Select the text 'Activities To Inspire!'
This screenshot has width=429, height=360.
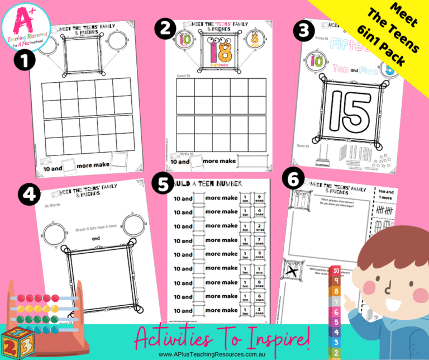click(x=215, y=337)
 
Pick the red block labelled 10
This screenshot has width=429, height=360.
click(x=336, y=271)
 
